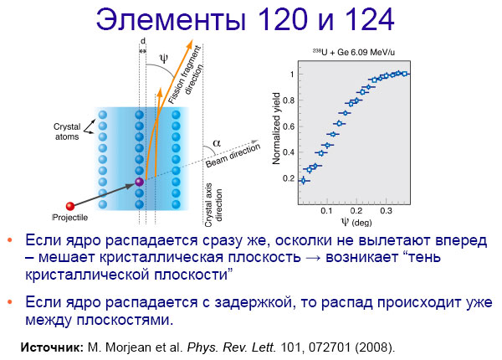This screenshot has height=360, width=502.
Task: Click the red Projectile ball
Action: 70,205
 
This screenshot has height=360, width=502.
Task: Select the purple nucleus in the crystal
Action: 140,181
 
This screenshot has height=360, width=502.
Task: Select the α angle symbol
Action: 218,142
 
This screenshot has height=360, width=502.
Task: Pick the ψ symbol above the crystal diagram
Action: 163,58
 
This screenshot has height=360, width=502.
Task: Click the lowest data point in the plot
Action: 303,179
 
